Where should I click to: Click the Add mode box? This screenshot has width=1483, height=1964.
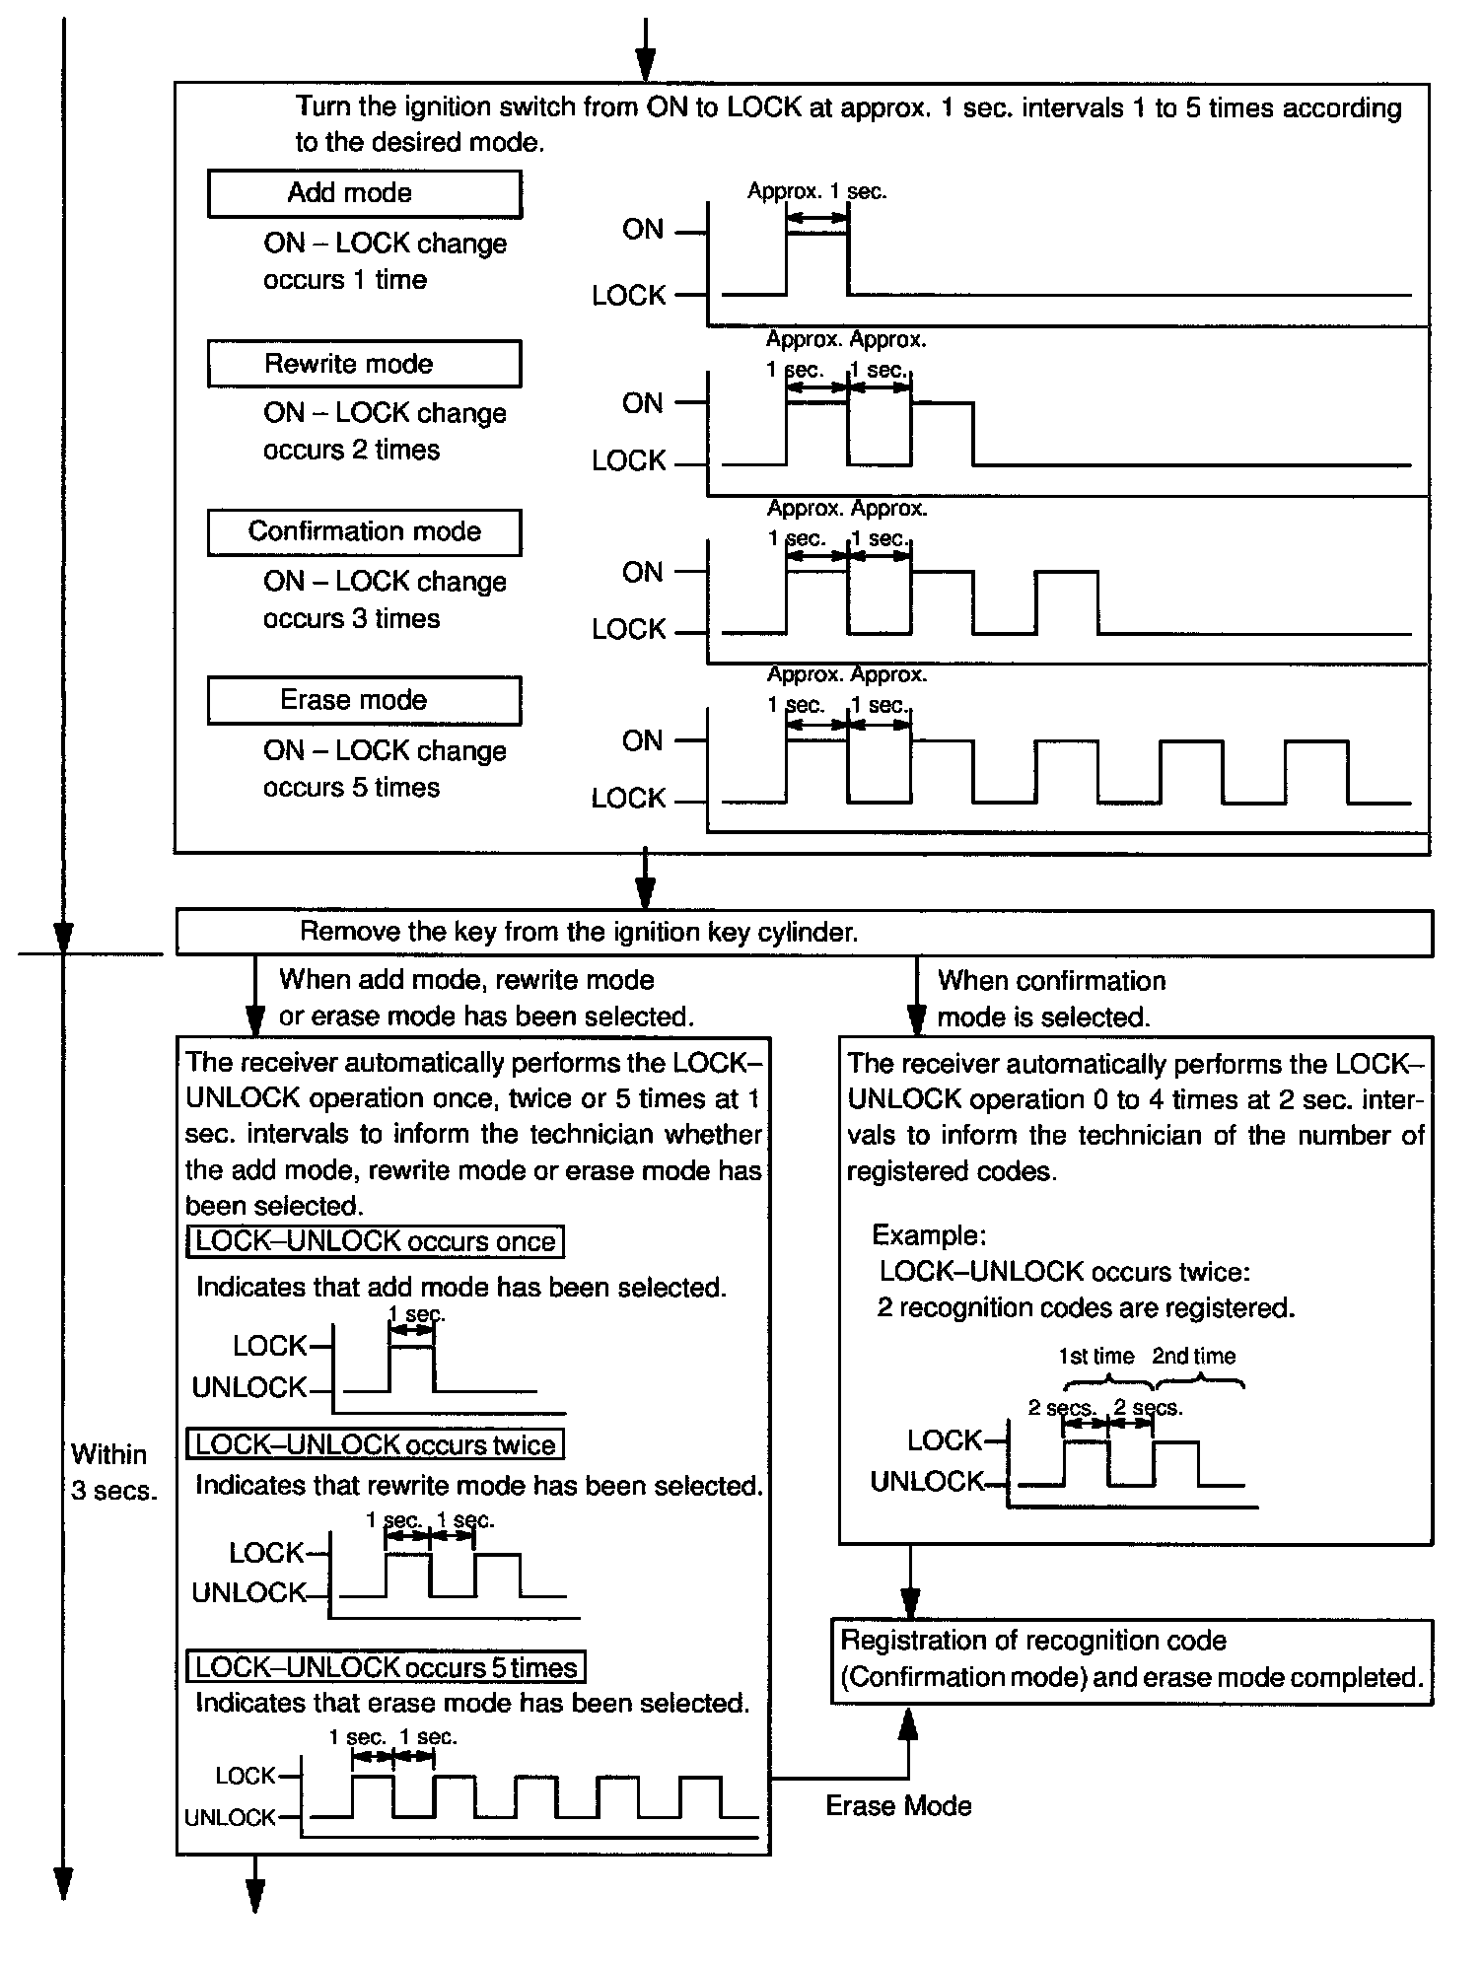pyautogui.click(x=364, y=193)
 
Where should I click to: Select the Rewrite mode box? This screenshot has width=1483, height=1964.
pyautogui.click(x=364, y=364)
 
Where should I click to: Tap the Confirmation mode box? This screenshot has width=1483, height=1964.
pyautogui.click(x=364, y=532)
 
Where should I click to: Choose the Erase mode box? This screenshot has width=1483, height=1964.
pyautogui.click(x=364, y=701)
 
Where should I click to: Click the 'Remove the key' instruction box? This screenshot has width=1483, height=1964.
pyautogui.click(x=803, y=933)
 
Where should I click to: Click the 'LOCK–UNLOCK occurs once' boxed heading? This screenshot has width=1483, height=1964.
pyautogui.click(x=375, y=1241)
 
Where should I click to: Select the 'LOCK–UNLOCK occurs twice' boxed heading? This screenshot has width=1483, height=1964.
pyautogui.click(x=375, y=1444)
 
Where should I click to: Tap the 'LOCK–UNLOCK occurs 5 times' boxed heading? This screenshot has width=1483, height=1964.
pyautogui.click(x=386, y=1667)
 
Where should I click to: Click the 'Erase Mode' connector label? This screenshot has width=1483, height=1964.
pyautogui.click(x=898, y=1805)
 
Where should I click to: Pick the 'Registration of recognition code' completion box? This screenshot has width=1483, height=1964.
pyautogui.click(x=1131, y=1661)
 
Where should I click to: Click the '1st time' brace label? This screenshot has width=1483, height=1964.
pyautogui.click(x=1096, y=1357)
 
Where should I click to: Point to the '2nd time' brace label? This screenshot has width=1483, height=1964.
pyautogui.click(x=1193, y=1357)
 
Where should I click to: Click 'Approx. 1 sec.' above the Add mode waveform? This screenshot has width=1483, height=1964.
pyautogui.click(x=816, y=191)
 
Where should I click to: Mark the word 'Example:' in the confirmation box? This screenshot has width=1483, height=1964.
pyautogui.click(x=929, y=1235)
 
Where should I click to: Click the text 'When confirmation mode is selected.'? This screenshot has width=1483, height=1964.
pyautogui.click(x=1050, y=999)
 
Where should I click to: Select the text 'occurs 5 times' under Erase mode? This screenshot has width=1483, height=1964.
pyautogui.click(x=351, y=788)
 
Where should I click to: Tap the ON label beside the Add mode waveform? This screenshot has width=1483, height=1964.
pyautogui.click(x=643, y=230)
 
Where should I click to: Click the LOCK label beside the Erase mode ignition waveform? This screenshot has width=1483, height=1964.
pyautogui.click(x=628, y=799)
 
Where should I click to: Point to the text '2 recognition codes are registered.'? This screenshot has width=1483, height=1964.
pyautogui.click(x=1086, y=1308)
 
